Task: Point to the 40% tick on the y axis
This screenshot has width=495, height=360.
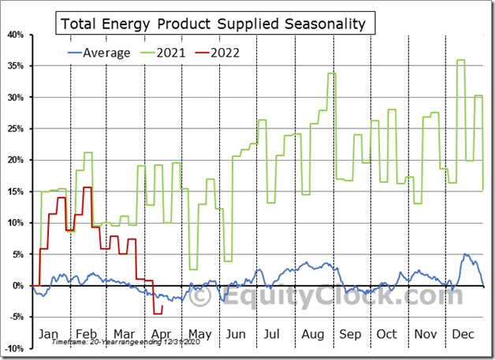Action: pyautogui.click(x=14, y=35)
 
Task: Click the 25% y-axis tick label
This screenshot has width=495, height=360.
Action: pyautogui.click(x=14, y=128)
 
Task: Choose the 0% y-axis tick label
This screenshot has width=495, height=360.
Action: pyautogui.click(x=17, y=285)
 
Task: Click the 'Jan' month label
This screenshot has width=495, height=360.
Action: pyautogui.click(x=50, y=333)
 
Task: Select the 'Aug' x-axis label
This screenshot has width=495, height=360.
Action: pyautogui.click(x=314, y=333)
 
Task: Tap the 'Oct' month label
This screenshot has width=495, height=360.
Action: pyautogui.click(x=387, y=333)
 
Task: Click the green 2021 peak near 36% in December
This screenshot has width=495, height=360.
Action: pyautogui.click(x=460, y=60)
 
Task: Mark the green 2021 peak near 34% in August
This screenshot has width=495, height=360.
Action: pyautogui.click(x=332, y=73)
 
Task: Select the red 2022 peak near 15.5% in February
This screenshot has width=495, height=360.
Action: pyautogui.click(x=87, y=187)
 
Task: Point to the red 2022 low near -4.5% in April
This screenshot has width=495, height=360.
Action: pyautogui.click(x=157, y=314)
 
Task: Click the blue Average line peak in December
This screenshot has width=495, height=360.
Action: pyautogui.click(x=464, y=254)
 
